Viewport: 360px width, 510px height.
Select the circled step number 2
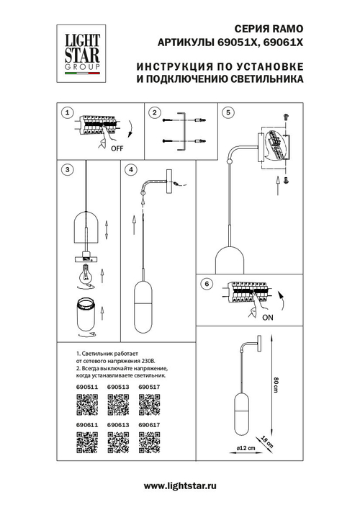pos(153,113)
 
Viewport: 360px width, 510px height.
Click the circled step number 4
pos(130,170)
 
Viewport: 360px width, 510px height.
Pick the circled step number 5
pos(228,113)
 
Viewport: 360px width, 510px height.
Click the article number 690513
pos(117,387)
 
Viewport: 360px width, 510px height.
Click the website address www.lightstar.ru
pos(180,488)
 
